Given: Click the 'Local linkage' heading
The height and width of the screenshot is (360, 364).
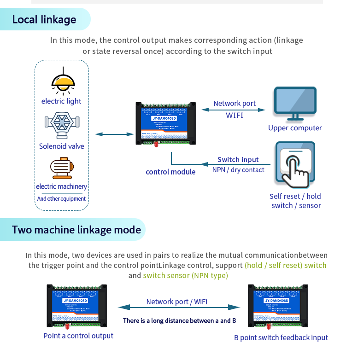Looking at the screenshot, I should pyautogui.click(x=44, y=19).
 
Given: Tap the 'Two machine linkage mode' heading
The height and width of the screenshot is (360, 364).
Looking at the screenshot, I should pyautogui.click(x=76, y=230).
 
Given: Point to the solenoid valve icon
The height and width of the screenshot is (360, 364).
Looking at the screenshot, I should pyautogui.click(x=62, y=125).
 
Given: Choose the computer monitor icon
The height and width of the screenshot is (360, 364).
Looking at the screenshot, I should pyautogui.click(x=295, y=104).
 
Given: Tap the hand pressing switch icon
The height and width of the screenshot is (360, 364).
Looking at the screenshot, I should pyautogui.click(x=295, y=165).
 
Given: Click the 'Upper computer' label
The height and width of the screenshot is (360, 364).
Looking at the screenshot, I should pyautogui.click(x=295, y=128).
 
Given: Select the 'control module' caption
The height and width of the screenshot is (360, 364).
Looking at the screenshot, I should pyautogui.click(x=170, y=172).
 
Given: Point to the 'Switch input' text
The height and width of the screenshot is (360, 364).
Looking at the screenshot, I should pyautogui.click(x=238, y=160).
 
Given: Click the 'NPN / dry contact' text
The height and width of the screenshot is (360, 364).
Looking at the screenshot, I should pyautogui.click(x=238, y=170).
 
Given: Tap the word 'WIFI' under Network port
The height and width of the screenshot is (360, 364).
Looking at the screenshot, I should pyautogui.click(x=235, y=115).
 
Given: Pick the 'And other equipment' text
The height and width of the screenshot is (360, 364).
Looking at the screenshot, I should pyautogui.click(x=61, y=199).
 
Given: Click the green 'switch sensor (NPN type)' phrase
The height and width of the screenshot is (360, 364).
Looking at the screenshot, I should pyautogui.click(x=185, y=275).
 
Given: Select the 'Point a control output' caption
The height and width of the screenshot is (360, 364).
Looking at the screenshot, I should pyautogui.click(x=78, y=336).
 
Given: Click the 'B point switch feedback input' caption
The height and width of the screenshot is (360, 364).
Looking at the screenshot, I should pyautogui.click(x=281, y=337).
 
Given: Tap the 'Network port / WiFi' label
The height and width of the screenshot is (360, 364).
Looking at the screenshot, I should pyautogui.click(x=177, y=302).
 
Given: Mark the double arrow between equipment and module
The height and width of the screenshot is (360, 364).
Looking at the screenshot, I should pyautogui.click(x=114, y=134).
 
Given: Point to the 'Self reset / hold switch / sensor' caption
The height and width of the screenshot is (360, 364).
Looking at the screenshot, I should pyautogui.click(x=295, y=201).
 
